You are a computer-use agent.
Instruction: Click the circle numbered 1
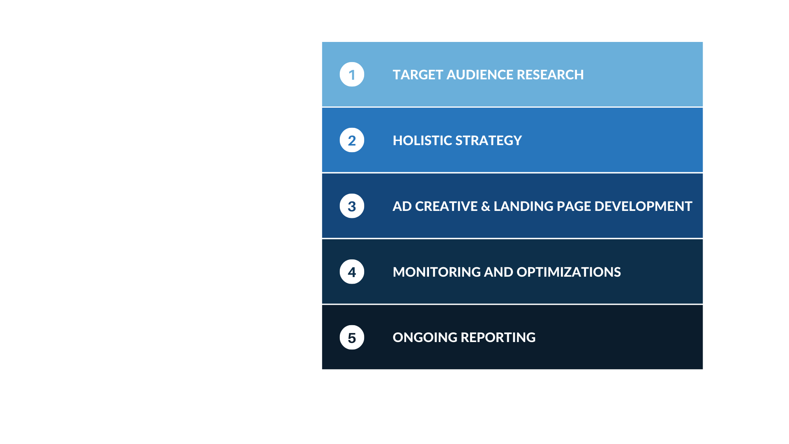352,74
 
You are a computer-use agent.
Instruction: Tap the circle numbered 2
352,140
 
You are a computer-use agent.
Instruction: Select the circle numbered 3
352,206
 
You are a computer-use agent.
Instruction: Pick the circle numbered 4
352,272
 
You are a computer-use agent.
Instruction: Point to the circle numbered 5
352,338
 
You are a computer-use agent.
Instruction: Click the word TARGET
418,75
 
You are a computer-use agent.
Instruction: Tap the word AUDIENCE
480,75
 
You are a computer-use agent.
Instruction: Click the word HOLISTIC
422,141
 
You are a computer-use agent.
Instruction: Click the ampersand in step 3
486,206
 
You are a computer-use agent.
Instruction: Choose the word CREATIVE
446,206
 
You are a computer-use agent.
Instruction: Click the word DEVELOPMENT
643,206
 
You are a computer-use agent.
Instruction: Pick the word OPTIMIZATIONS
569,272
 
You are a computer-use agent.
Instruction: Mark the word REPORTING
498,338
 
